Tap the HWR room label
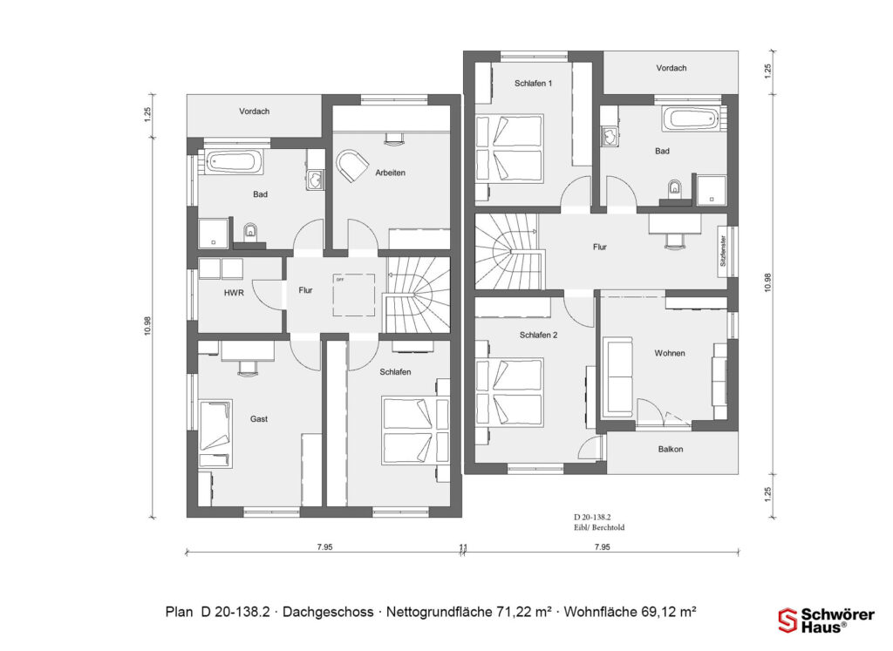(x=234, y=294)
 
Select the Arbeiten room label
(x=390, y=173)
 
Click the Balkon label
(x=670, y=450)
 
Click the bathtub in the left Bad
(x=229, y=161)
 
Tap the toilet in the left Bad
(x=251, y=231)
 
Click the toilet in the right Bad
(x=672, y=188)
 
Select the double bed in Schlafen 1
(x=508, y=148)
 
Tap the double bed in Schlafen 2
(x=508, y=391)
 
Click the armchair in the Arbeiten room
(x=353, y=165)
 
